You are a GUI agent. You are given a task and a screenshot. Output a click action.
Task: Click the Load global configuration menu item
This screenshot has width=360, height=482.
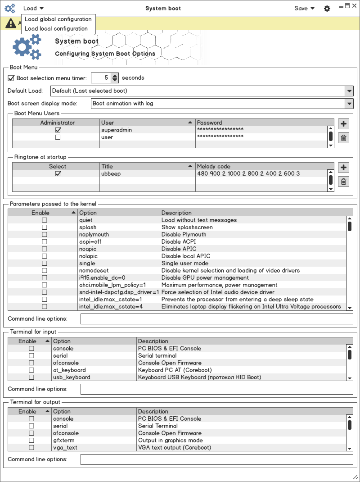tap(58, 19)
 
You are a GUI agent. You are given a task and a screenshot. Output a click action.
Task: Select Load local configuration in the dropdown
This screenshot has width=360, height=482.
tap(56, 28)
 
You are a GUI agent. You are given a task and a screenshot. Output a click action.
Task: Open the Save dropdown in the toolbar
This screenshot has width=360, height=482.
tap(304, 8)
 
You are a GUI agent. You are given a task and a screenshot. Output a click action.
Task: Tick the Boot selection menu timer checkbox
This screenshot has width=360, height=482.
tap(12, 78)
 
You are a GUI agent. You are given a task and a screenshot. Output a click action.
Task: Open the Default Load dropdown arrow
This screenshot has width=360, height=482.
tap(349, 91)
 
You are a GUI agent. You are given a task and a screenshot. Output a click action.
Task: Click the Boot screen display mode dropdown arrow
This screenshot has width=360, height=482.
tap(349, 103)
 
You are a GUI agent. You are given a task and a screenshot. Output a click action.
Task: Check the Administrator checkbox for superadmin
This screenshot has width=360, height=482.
tap(58, 130)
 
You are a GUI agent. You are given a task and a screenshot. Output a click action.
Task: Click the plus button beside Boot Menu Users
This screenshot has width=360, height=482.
tap(343, 124)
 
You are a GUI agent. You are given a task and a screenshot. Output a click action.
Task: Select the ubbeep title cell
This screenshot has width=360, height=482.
tap(147, 173)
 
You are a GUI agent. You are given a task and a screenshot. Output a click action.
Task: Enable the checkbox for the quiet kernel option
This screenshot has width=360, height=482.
tap(45, 220)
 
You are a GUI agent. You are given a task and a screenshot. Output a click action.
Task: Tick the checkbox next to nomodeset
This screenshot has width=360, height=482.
tap(45, 271)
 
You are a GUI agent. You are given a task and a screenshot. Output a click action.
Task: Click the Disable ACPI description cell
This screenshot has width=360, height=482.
tap(252, 242)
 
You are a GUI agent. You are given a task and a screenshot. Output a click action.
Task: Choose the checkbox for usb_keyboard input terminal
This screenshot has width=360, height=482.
tap(31, 377)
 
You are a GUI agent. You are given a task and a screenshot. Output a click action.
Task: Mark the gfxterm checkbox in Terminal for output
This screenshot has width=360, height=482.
tap(31, 441)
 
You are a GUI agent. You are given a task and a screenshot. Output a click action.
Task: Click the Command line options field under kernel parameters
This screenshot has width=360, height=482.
tap(216, 319)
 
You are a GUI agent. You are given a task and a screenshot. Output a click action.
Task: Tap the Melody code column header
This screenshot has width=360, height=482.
tap(261, 166)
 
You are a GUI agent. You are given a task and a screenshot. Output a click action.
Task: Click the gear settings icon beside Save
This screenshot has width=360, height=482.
tap(327, 9)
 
